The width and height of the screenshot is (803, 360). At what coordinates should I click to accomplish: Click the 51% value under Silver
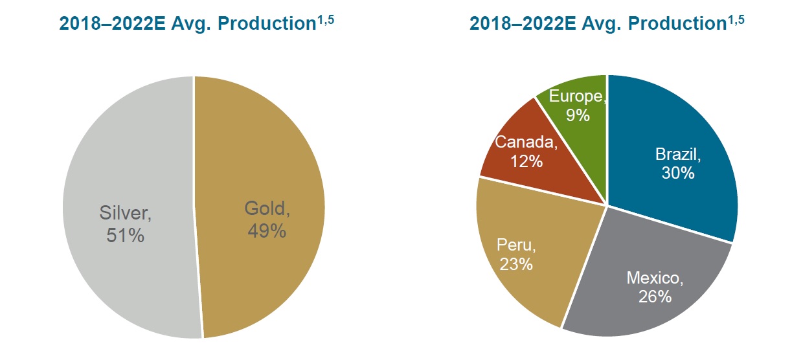coord(125,234)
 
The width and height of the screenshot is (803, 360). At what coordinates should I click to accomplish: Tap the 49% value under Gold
coord(267,230)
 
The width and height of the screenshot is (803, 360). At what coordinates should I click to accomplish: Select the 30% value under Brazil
coord(678,173)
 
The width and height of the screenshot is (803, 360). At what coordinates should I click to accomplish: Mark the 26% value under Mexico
coord(654,297)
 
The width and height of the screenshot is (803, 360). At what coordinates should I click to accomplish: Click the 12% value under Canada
coord(526,160)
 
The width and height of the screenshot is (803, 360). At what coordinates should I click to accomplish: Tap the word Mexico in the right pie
coord(653,278)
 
